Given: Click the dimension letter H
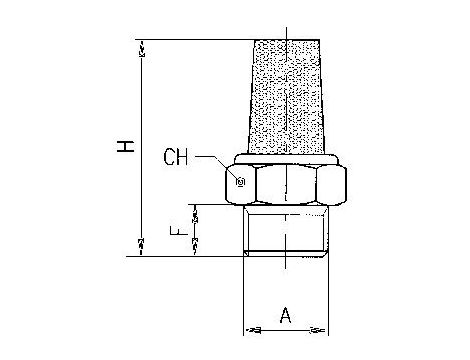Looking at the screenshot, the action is point(125,147).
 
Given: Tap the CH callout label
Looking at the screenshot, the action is point(176,157).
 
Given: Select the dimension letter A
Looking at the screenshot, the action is point(285,315).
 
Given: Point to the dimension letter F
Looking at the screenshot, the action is point(178,230).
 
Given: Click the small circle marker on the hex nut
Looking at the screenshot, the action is point(241,182).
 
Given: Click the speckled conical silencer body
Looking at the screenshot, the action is point(286,97).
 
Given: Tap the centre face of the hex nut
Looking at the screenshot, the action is point(286,184).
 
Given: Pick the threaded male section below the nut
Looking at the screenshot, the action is point(286,230).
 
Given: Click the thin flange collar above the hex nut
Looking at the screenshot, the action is point(287,159).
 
